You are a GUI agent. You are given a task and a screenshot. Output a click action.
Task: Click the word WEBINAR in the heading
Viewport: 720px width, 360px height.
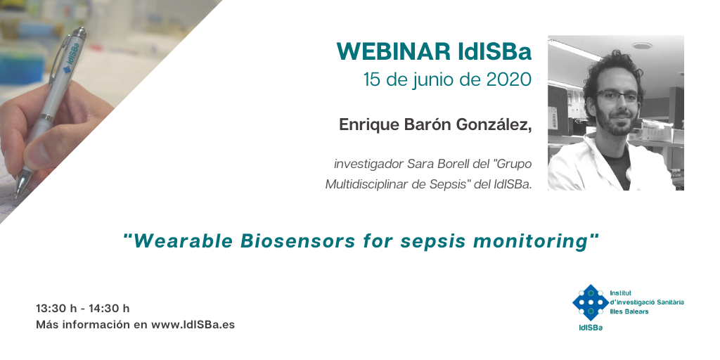click(x=393, y=51)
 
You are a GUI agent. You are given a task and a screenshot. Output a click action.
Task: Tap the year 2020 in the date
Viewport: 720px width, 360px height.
click(x=509, y=79)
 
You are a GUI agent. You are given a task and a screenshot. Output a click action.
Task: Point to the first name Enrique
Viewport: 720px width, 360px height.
click(x=369, y=125)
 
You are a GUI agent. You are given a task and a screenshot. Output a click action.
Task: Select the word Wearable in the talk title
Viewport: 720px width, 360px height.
click(x=181, y=241)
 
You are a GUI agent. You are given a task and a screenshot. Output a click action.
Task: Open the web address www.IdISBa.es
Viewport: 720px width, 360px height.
click(x=193, y=325)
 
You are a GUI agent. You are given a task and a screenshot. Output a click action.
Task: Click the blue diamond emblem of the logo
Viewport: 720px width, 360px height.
click(x=590, y=302)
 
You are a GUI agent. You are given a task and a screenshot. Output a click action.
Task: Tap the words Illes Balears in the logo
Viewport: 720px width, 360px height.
click(x=629, y=311)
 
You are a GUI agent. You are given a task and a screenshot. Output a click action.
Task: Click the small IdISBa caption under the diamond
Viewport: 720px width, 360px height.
click(x=591, y=328)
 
